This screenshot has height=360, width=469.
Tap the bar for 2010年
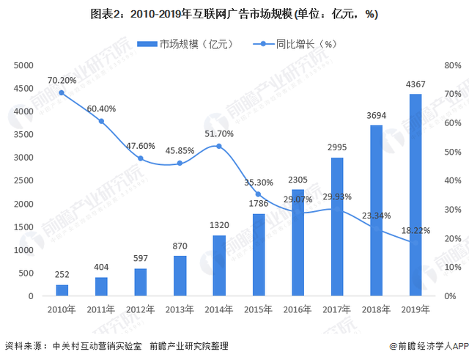click(62, 290)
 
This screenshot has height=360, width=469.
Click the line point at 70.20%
click(62, 93)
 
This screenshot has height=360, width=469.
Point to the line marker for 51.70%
click(219, 147)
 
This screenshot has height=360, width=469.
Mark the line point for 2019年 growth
click(416, 243)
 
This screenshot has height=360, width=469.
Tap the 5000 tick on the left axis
click(24, 65)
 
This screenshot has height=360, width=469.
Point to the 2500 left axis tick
click(24, 180)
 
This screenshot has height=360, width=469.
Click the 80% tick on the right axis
click(451, 65)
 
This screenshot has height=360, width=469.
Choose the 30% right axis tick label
click(451, 210)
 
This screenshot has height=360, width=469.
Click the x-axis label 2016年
click(298, 310)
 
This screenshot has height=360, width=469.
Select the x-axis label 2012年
click(140, 310)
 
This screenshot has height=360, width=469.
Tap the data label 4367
click(416, 84)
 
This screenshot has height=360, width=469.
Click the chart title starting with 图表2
click(234, 13)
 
